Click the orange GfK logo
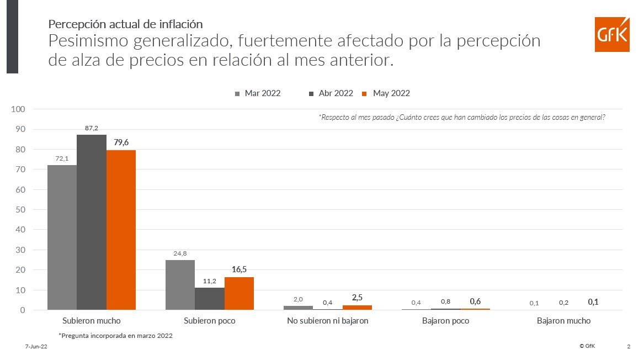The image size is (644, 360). coord(612,35)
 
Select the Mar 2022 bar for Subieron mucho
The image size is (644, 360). coord(62,237)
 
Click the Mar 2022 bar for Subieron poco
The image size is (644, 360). coord(180,285)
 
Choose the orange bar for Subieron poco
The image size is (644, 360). coord(239,293)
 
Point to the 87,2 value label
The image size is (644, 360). coord(92,128)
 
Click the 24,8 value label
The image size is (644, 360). coord(180,253)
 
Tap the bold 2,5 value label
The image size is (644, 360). coord(357,298)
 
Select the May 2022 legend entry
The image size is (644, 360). coord(386,93)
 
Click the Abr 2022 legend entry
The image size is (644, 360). coord(331,93)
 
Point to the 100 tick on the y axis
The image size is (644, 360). coord(19,109)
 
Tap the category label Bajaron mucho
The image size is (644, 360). coord(563,321)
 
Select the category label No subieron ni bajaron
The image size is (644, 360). coord(327,321)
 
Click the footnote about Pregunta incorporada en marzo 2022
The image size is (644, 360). coord(115,335)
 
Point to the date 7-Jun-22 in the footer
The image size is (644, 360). coord(36,347)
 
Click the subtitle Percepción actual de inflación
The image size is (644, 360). coord(125,24)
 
